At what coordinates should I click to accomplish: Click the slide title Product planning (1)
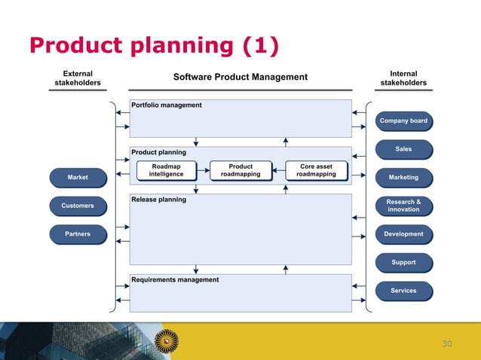pos(154,46)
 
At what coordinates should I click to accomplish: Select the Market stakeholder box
pos(78,177)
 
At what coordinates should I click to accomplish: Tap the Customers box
pos(78,206)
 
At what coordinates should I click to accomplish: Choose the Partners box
pos(78,234)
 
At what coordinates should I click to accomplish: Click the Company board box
pos(403,121)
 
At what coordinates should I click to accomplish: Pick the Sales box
pos(403,149)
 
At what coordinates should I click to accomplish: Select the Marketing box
pos(403,178)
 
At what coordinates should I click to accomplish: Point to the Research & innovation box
pos(403,206)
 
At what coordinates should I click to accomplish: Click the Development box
pos(403,234)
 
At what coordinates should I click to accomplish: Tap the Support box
pos(403,263)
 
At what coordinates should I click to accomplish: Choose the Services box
pos(403,291)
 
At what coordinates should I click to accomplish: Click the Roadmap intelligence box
pos(166,170)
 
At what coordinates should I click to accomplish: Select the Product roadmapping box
pos(240,170)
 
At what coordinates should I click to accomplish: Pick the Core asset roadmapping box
pos(316,170)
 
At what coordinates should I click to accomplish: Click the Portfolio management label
pos(167,105)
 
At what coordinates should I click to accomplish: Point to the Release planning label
pos(158,200)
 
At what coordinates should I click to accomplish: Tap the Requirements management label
pos(175,280)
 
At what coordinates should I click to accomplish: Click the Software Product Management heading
pos(240,77)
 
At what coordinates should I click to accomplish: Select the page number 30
pos(446,344)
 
